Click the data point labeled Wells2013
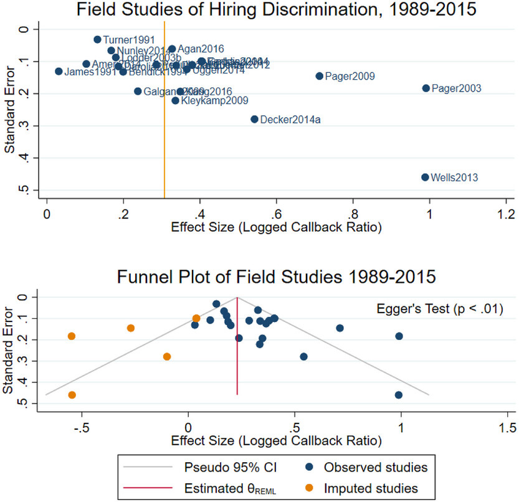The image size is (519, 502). click(425, 178)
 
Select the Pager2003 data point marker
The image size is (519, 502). click(426, 88)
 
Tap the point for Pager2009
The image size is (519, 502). click(320, 76)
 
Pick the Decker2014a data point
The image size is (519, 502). click(254, 119)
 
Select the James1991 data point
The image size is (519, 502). click(59, 72)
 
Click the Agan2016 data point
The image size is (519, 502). click(172, 49)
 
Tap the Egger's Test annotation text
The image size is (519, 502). click(439, 308)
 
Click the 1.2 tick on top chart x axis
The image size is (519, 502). click(506, 214)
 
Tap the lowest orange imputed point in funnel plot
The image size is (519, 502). click(72, 395)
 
